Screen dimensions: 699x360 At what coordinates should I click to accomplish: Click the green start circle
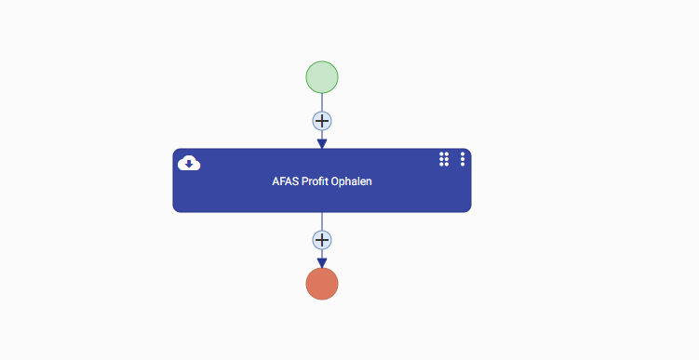click(x=322, y=77)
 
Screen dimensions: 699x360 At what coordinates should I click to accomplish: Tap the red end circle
click(x=322, y=284)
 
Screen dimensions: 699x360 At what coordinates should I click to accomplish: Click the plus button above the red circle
click(x=322, y=240)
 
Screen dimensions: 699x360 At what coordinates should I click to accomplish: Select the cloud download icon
click(x=189, y=163)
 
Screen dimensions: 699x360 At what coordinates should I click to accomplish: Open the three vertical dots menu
click(x=463, y=159)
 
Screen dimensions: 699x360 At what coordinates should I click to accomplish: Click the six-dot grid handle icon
click(x=444, y=159)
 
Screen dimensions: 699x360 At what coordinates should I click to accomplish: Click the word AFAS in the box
click(x=286, y=181)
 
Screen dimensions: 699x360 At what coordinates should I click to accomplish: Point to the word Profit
click(x=316, y=181)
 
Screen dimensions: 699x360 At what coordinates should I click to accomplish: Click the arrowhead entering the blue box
click(x=322, y=143)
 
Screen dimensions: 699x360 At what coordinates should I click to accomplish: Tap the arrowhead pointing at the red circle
click(x=322, y=263)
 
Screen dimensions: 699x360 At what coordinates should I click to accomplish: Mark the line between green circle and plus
click(x=322, y=102)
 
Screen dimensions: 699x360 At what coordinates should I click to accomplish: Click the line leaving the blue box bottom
click(x=322, y=221)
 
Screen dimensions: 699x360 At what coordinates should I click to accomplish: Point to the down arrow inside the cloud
click(x=189, y=165)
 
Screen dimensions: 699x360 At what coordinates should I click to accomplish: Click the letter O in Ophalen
click(x=335, y=181)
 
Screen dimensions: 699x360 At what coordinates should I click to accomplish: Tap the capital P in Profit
click(x=305, y=181)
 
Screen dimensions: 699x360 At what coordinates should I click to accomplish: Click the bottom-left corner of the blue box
click(x=173, y=212)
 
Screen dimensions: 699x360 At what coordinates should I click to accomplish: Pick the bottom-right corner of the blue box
click(x=470, y=212)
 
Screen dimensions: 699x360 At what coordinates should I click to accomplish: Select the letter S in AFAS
click(x=296, y=181)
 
